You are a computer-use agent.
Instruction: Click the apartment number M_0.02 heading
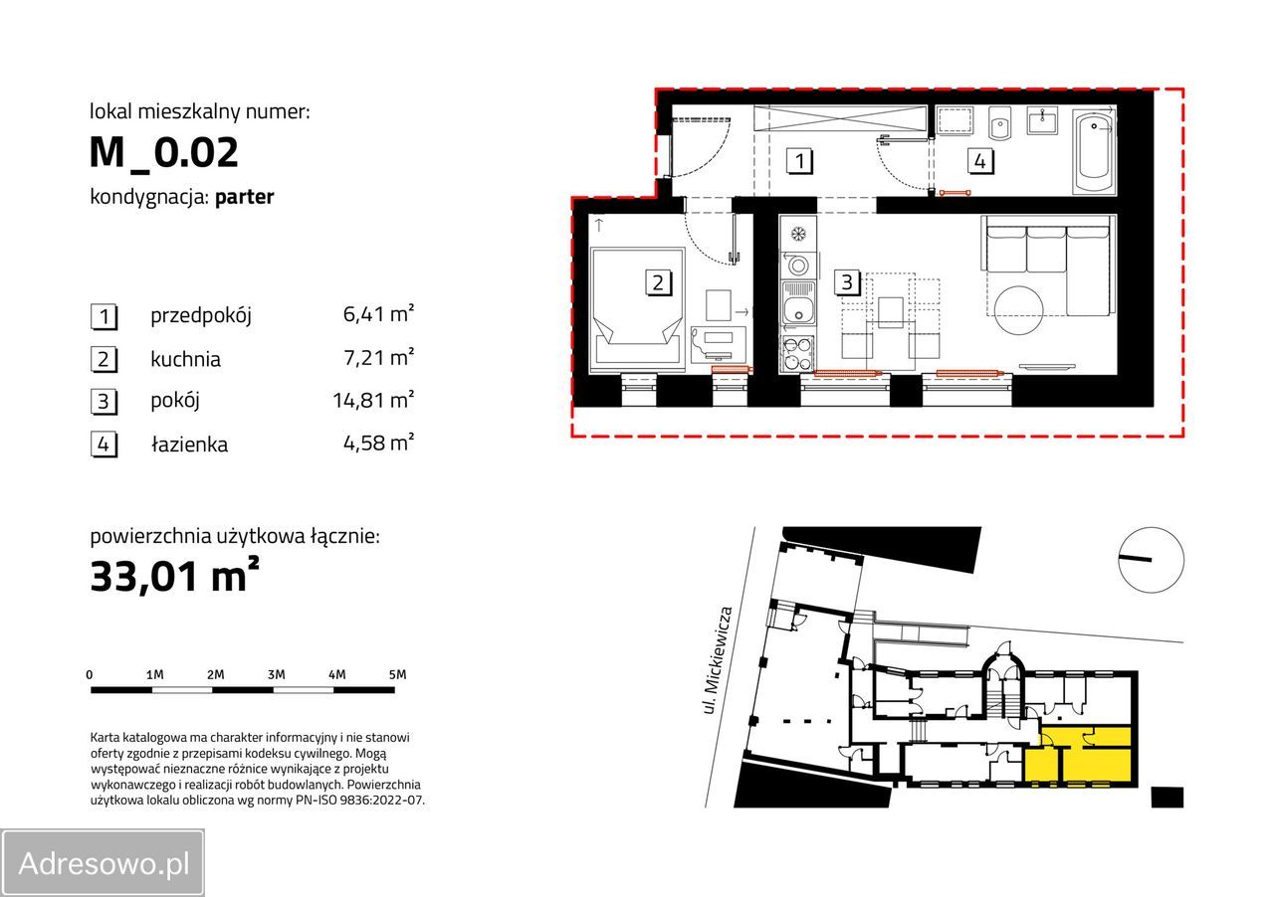coord(164,152)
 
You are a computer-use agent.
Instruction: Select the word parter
coord(245,197)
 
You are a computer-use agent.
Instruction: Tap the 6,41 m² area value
coord(378,313)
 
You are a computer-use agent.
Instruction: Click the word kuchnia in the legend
coord(185,359)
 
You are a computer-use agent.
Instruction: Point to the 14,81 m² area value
coord(373,400)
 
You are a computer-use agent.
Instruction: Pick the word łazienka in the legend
coord(189,444)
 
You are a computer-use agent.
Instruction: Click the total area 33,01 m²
coord(174,575)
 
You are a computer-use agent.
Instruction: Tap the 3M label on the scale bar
coord(276,675)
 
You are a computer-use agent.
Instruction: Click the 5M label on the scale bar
coord(397,675)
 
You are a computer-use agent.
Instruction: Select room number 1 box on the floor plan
coord(799,161)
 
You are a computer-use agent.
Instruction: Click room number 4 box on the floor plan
coord(980,161)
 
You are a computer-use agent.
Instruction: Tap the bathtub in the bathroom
coord(1094,152)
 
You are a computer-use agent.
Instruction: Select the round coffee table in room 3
coord(1018,310)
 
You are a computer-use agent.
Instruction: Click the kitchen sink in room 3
coord(798,308)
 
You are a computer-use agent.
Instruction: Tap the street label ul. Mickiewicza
coord(718,660)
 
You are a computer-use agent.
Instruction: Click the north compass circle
coord(1152,560)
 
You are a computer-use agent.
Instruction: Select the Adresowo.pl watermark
coord(103,863)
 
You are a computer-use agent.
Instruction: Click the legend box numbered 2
coord(105,359)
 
